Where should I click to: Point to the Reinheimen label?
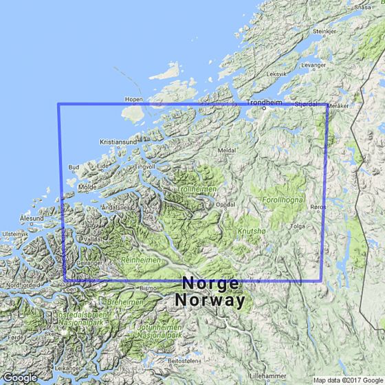(140, 261)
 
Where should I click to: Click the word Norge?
(210, 284)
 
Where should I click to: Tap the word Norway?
(210, 300)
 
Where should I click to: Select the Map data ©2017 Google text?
(347, 380)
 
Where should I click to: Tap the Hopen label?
(133, 99)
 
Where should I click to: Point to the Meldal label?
(227, 149)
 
